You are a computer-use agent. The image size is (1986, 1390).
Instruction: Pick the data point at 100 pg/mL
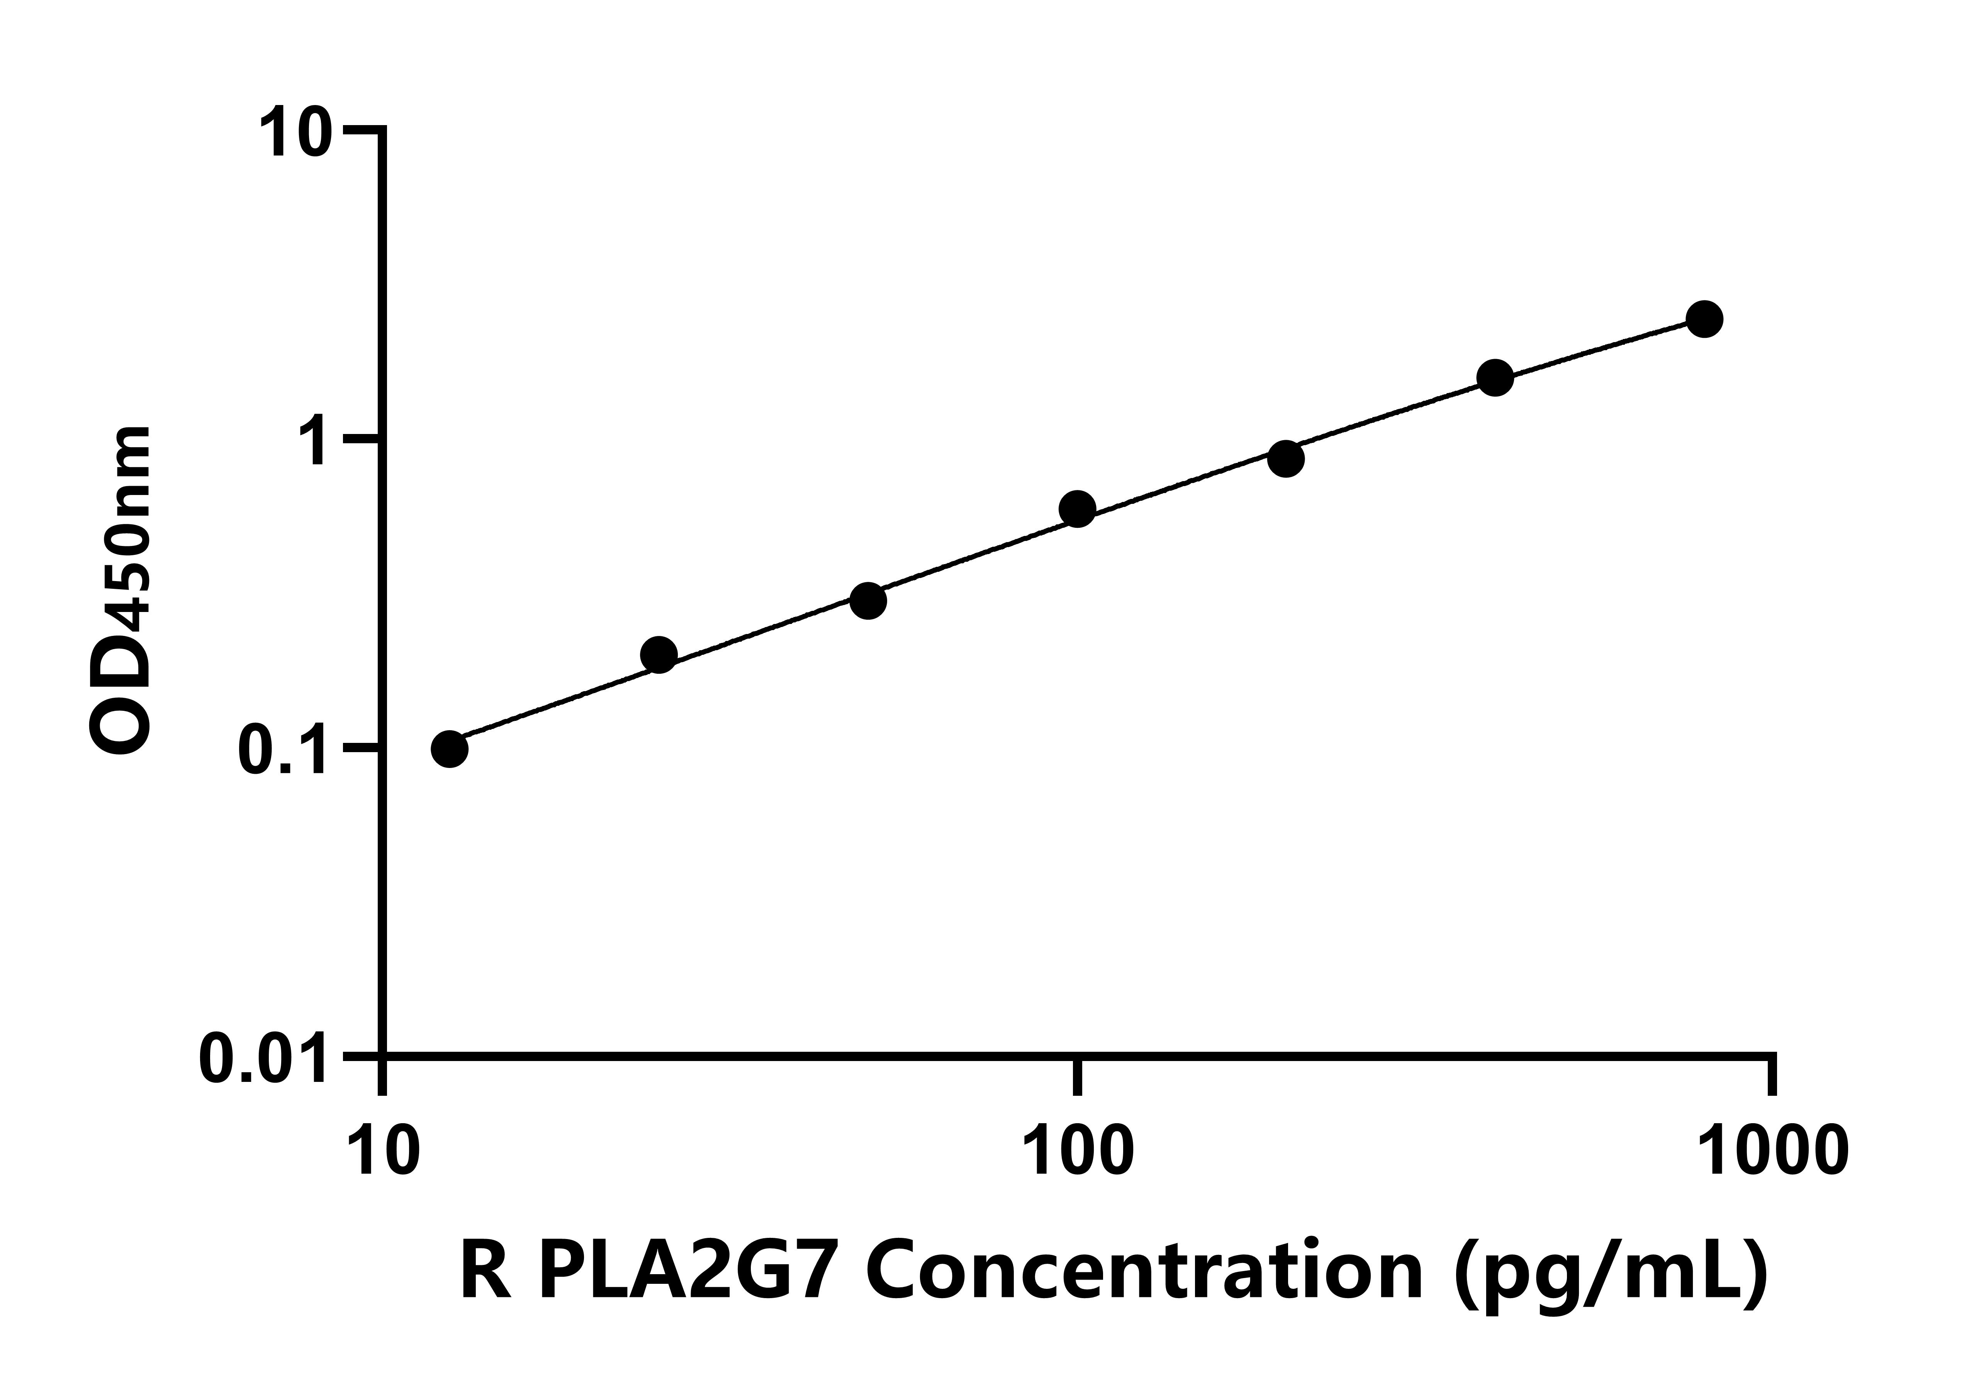[x=1077, y=509]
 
